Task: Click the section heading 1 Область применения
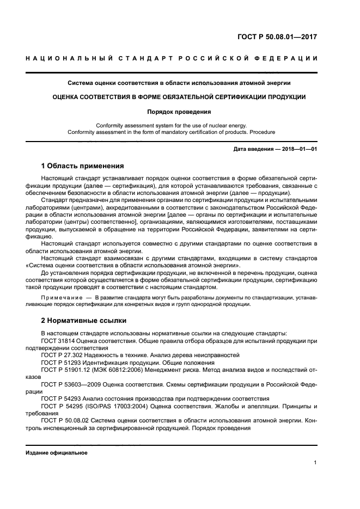point(83,165)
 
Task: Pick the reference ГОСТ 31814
point(59,340)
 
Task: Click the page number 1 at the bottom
point(315,463)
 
